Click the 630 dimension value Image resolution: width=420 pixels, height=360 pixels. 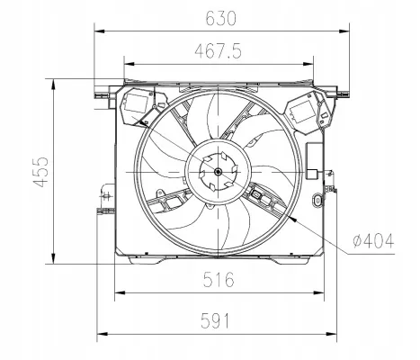(x=221, y=18)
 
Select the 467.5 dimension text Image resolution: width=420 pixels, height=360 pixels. (x=218, y=50)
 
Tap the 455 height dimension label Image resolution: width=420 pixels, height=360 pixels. (x=40, y=172)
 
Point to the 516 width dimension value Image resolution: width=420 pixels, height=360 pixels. (x=219, y=279)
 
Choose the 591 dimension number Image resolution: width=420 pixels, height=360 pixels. (x=215, y=320)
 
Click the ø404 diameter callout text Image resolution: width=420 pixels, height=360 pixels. (x=373, y=240)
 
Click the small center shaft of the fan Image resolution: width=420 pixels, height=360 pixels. (x=218, y=172)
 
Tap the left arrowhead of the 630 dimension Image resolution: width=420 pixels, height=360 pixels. (x=99, y=31)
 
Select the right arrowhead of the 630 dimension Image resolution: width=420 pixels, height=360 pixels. (x=344, y=31)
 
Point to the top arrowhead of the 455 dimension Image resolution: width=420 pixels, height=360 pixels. (x=53, y=85)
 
